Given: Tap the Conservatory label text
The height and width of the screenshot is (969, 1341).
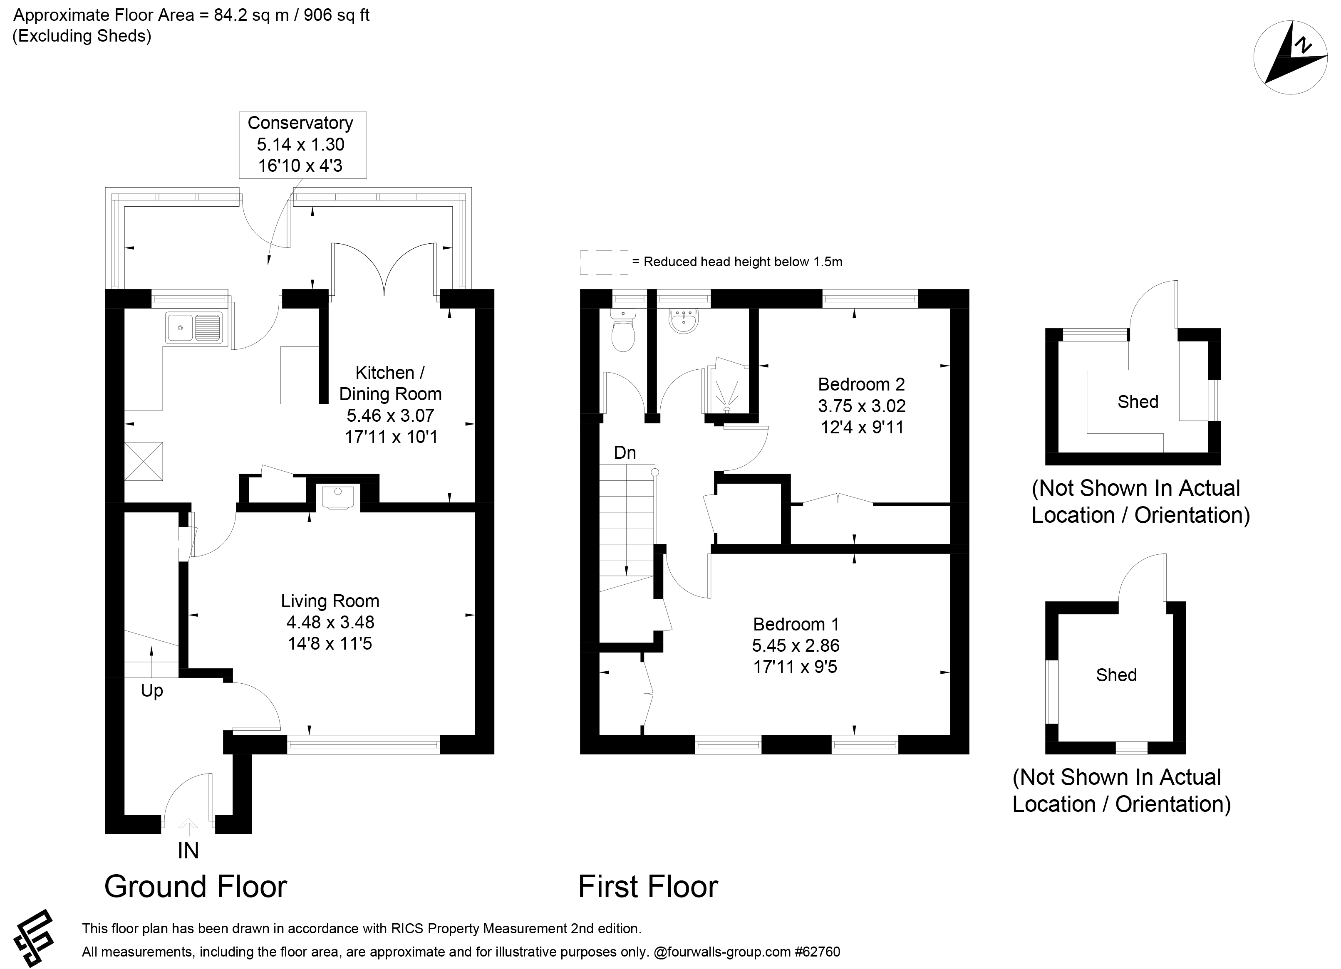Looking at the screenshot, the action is click(300, 123).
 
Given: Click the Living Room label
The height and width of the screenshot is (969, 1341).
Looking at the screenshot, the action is click(330, 601).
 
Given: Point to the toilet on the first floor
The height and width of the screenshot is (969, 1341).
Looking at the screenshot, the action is click(624, 330).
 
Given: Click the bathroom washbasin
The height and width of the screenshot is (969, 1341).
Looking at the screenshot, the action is click(685, 320).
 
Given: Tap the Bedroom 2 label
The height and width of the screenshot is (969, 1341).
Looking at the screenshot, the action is click(862, 385).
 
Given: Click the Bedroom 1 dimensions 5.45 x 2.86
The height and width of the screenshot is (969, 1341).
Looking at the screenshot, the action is click(796, 645).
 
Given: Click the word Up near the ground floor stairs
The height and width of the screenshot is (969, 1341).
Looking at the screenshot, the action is click(152, 691).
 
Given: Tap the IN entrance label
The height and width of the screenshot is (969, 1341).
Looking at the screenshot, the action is click(188, 851).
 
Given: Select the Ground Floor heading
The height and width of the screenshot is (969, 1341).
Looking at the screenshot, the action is click(196, 887).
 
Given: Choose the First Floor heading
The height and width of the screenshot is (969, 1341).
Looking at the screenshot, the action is click(648, 887).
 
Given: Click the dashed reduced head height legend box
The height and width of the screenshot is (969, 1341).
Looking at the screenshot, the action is click(604, 262).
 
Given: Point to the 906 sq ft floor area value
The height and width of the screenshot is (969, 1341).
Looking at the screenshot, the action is click(337, 15).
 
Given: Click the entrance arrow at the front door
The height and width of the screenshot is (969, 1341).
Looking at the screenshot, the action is click(188, 827).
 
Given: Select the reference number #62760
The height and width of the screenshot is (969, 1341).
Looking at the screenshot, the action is click(818, 952).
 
